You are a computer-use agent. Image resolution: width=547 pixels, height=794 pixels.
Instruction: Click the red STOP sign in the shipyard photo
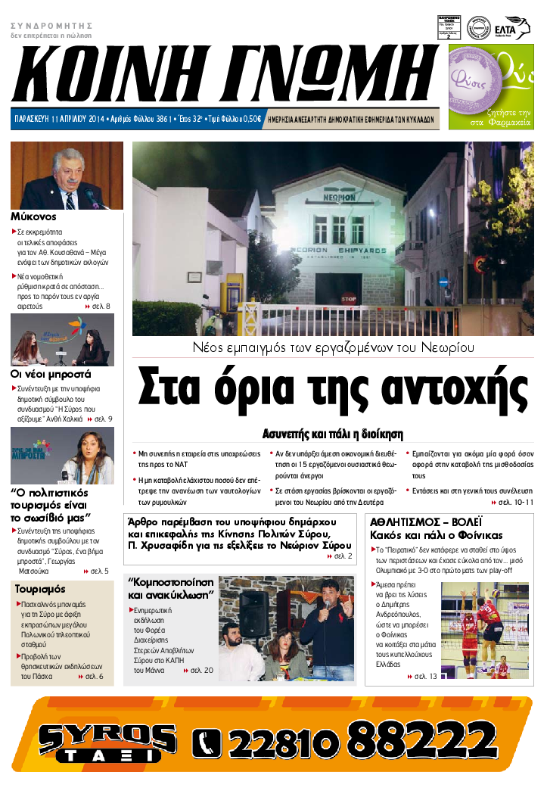coord(349,298)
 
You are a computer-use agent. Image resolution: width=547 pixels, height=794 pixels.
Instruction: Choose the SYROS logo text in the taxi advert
coord(97,733)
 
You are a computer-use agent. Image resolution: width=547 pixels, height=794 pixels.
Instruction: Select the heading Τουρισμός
coord(39,589)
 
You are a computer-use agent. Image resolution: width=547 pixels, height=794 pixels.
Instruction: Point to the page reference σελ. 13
coord(424,676)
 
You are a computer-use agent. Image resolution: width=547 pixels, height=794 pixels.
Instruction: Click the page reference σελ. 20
coord(201,671)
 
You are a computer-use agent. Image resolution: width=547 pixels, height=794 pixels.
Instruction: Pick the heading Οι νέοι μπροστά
coord(50,373)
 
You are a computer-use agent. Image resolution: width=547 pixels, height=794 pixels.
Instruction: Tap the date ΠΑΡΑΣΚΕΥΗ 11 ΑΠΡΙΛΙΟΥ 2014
coord(59,120)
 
